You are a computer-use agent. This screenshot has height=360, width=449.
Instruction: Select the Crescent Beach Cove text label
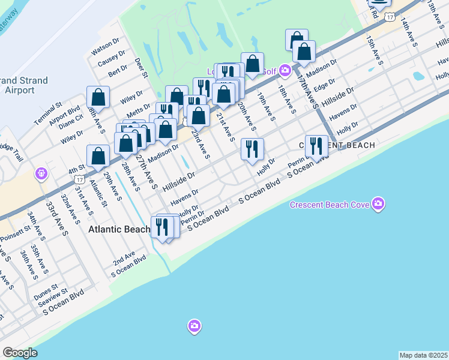tap(329, 205)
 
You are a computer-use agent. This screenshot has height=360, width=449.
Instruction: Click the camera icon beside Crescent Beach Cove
tap(378, 204)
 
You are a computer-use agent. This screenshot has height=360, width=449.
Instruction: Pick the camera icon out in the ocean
tap(193, 326)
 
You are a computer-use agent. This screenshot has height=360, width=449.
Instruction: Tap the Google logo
tap(20, 353)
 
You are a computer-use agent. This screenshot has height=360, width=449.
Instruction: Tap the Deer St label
tap(141, 67)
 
